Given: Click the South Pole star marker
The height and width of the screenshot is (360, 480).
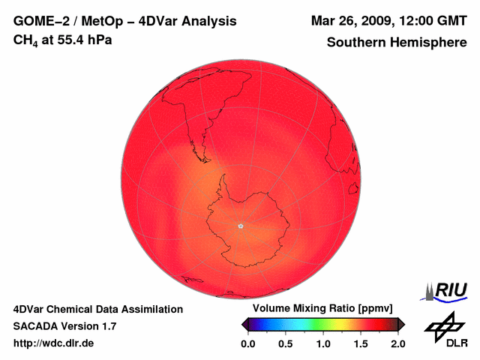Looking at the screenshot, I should point(241,226).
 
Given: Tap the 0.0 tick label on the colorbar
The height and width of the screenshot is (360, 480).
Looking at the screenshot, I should point(247,343).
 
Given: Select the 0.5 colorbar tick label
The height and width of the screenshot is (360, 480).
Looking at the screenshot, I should point(285,343).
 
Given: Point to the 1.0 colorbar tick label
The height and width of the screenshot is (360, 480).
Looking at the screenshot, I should point(323,343).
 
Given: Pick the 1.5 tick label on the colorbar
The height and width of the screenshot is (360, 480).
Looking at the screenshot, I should point(361,343).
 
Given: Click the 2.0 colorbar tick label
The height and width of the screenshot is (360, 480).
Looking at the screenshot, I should point(398,343).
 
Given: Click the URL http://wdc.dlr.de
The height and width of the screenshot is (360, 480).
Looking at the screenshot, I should point(54,343).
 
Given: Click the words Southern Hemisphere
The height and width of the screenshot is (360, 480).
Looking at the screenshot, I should point(397,43).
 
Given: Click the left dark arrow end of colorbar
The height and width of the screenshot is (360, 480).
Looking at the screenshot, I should point(244,323).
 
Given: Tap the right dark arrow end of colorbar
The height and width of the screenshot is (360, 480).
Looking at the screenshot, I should point(401,323).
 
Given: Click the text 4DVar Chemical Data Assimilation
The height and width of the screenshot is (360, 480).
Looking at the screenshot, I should point(97,309).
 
